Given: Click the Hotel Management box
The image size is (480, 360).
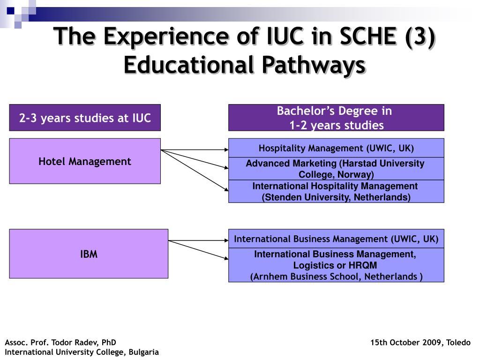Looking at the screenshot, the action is [85, 161].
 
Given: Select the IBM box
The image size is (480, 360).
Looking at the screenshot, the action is [89, 254].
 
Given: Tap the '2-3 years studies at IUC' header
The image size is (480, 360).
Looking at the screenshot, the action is [85, 118].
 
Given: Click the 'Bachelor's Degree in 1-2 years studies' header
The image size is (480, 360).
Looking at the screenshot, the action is [336, 118].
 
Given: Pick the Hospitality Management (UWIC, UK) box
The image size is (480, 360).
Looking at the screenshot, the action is [336, 148].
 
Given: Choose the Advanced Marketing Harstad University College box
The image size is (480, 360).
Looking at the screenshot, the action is [336, 169].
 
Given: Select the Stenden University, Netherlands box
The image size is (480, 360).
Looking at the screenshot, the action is [336, 191].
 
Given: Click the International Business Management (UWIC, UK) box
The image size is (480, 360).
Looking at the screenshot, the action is [336, 239].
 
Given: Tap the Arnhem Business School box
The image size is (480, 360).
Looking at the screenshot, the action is [336, 265].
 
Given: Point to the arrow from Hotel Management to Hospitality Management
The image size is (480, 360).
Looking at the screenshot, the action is [195, 150].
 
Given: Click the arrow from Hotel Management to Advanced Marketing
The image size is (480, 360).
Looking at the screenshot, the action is [195, 159].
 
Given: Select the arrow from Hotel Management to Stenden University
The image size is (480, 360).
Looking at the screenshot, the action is [195, 170].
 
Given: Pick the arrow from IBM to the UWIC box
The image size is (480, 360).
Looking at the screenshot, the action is [198, 240].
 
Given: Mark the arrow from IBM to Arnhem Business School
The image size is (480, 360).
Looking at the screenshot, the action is [198, 250].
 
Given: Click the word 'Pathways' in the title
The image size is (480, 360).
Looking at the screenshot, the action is [314, 65].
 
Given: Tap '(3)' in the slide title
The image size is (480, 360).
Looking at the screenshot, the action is [420, 36].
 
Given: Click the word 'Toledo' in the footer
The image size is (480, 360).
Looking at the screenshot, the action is [458, 342].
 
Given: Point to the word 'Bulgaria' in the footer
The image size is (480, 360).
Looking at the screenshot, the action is [143, 352].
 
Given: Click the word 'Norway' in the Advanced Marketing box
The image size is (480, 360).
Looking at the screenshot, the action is [357, 174].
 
